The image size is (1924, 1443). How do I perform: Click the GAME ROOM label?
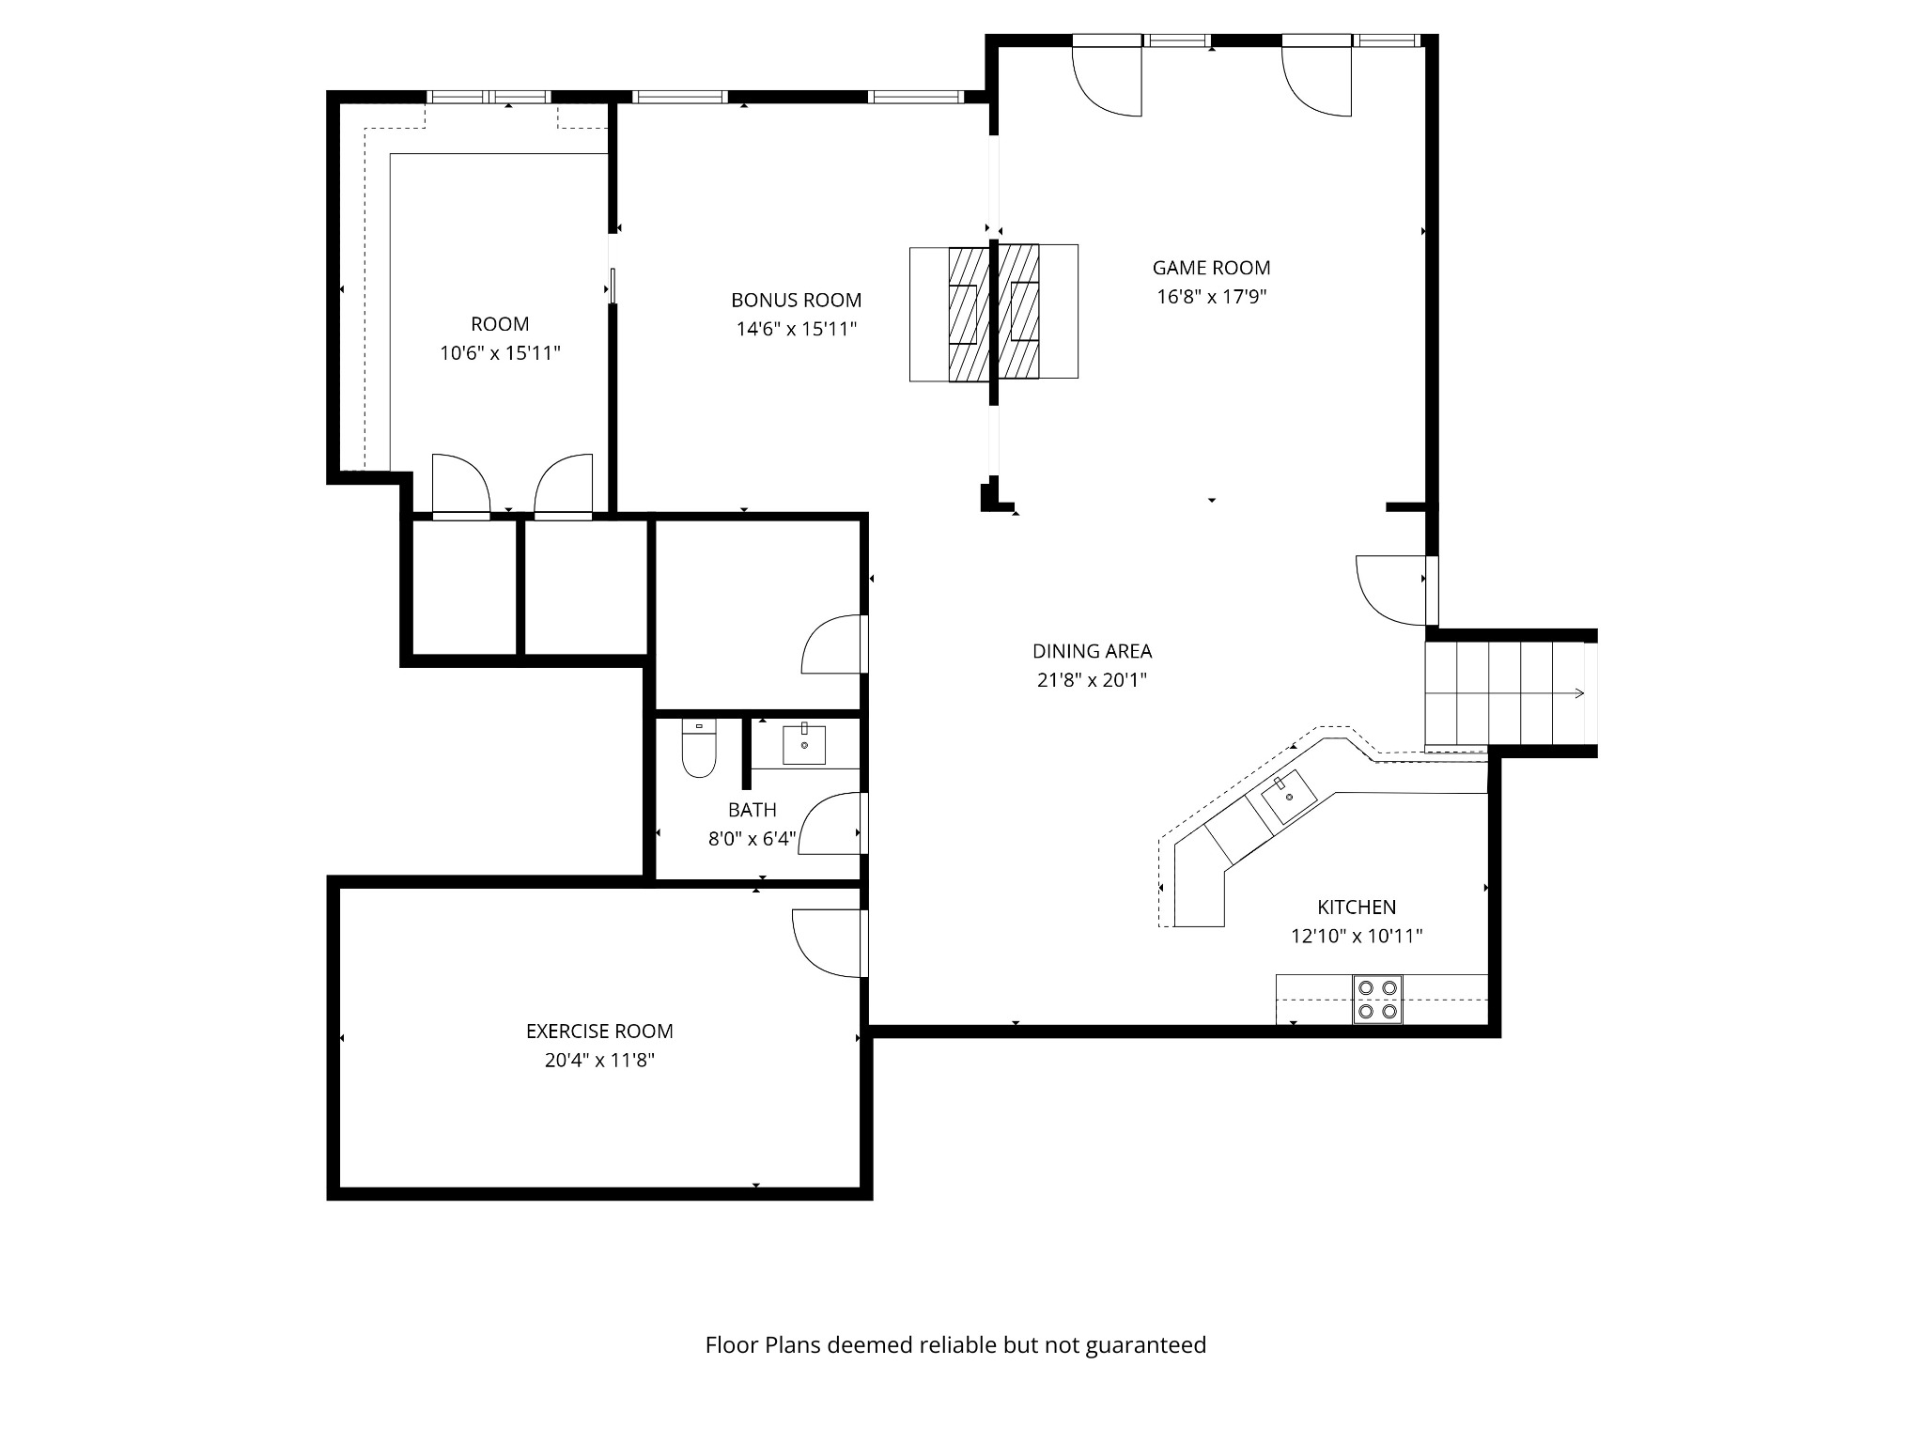[x=1211, y=268]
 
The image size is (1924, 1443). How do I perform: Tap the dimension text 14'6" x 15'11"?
[x=796, y=330]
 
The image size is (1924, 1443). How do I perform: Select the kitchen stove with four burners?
[x=1377, y=1000]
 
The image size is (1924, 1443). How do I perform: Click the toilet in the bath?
[x=699, y=750]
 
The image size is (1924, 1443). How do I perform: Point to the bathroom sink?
[x=804, y=744]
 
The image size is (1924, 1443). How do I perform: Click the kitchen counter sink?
[x=1289, y=797]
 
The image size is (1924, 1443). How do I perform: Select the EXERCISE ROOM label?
[x=599, y=1032]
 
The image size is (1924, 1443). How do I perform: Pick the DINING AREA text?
[x=1092, y=651]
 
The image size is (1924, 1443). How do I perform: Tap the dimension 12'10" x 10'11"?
[x=1357, y=937]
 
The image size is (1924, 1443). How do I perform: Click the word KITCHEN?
[x=1357, y=908]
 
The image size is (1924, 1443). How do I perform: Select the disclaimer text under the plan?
[x=955, y=1345]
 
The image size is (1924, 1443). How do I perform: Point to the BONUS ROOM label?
[x=796, y=301]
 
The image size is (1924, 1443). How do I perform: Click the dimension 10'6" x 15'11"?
[x=500, y=354]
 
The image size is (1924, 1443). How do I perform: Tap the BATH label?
[x=752, y=810]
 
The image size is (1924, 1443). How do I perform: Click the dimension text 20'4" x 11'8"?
[x=599, y=1061]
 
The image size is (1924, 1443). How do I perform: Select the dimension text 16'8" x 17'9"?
[x=1211, y=297]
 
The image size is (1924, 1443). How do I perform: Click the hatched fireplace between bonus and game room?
[x=994, y=313]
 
